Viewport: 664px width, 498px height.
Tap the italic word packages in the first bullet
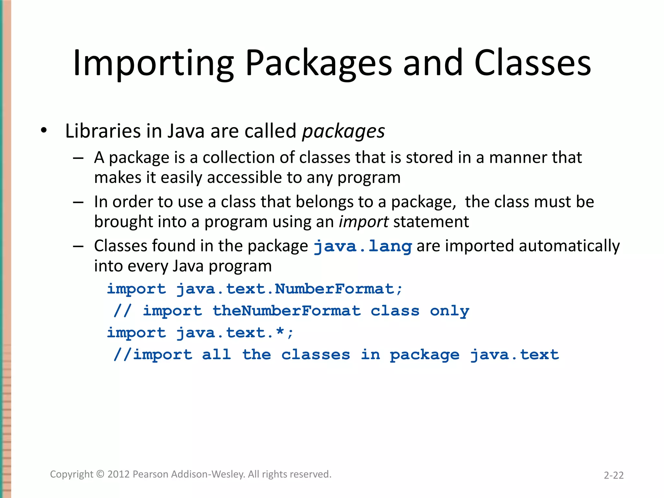coord(343,131)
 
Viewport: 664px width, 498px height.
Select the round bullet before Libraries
coord(44,131)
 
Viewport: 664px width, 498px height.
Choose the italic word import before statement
coord(363,222)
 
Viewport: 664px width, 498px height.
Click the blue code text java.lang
coord(363,246)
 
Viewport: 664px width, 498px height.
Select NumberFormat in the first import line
coord(334,289)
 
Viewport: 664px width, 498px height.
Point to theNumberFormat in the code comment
coord(286,311)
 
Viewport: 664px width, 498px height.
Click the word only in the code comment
coord(449,311)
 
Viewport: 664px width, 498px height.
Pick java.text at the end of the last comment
coord(515,355)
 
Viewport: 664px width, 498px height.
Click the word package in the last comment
coord(424,355)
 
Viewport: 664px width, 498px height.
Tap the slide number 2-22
coord(613,475)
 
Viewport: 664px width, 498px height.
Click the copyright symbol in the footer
coord(101,474)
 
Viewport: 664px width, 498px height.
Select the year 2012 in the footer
coord(119,474)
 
